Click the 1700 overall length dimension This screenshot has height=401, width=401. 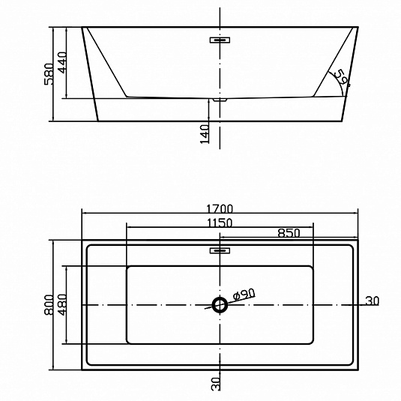pos(220,209)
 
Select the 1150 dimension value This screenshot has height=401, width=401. pos(220,223)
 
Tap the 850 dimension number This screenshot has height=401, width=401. pos(289,233)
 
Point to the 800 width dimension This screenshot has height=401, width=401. pos(49,304)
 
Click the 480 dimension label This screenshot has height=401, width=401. pos(62,304)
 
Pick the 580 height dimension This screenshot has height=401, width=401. pos(49,74)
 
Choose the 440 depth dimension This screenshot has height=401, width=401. pos(62,62)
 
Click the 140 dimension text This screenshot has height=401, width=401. pos(205,134)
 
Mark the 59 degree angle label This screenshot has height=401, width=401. pos(342,78)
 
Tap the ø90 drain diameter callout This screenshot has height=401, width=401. pos(244,294)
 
